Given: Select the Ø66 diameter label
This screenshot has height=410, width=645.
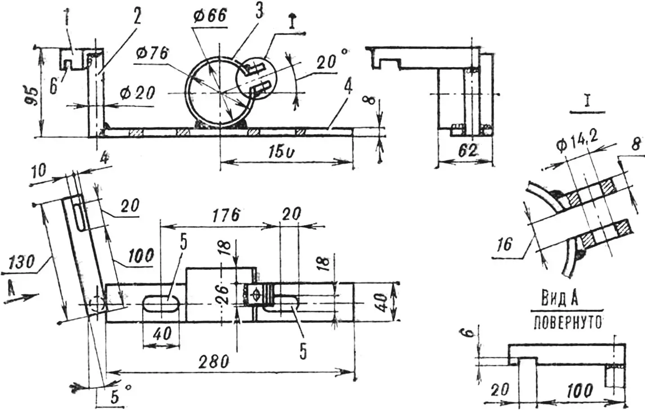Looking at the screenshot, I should coord(210,16).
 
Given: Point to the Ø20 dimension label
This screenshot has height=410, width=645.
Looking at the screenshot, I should coord(138,93).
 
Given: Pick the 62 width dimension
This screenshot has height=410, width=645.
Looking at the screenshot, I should coord(467,151).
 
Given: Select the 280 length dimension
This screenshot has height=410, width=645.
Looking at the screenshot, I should coord(214,362).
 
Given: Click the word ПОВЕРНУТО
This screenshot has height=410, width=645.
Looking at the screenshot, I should coord(567,323).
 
